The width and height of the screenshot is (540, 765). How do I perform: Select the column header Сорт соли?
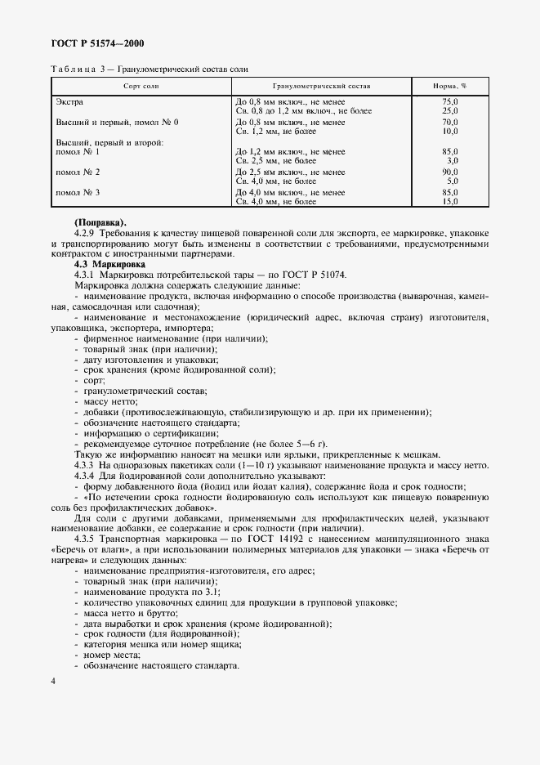click(x=141, y=85)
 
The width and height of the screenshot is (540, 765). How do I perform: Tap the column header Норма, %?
click(x=449, y=85)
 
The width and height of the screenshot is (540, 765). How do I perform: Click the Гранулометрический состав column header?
click(x=320, y=85)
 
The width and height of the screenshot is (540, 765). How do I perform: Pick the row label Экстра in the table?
click(x=69, y=101)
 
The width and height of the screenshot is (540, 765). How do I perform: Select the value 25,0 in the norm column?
click(x=449, y=110)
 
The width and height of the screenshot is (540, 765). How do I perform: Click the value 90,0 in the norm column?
click(x=449, y=172)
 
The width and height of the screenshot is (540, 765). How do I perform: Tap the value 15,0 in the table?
click(x=449, y=200)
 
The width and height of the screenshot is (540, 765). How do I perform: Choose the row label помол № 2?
click(x=77, y=172)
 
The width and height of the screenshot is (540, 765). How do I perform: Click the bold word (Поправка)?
click(x=100, y=223)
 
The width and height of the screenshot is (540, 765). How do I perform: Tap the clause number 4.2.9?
click(x=86, y=234)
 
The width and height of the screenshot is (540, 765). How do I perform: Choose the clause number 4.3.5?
click(x=86, y=540)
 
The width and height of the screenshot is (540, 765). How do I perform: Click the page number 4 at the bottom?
click(x=53, y=681)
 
